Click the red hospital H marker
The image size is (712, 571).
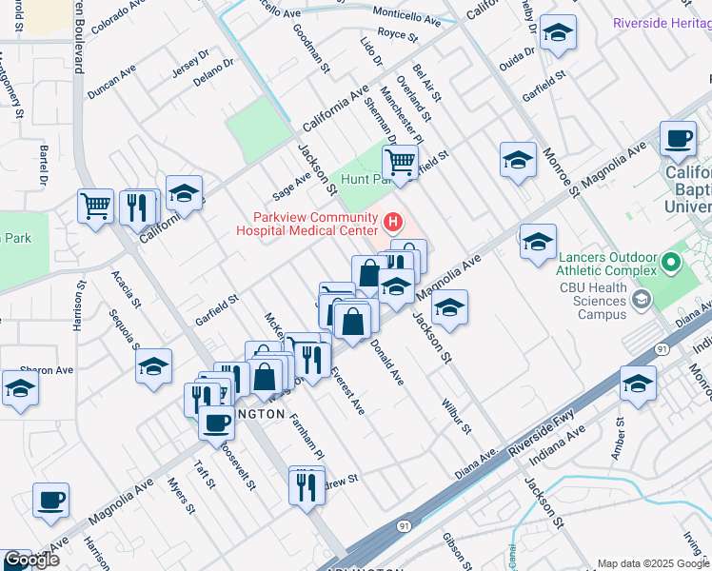(x=392, y=224)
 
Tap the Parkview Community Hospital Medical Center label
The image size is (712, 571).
(x=313, y=223)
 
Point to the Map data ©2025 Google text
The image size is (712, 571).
(x=653, y=562)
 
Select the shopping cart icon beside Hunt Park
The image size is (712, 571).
(x=401, y=162)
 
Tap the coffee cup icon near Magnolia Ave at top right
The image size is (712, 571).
(x=679, y=139)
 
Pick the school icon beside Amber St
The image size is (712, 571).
(x=638, y=384)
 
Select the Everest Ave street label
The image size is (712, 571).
(x=347, y=391)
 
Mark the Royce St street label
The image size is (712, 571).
(x=398, y=34)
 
